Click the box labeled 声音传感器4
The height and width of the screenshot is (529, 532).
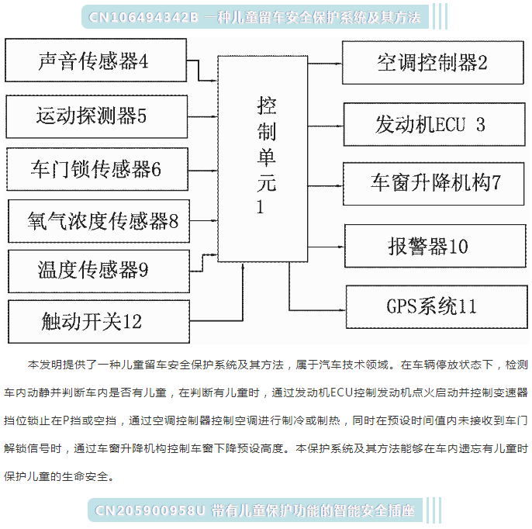(95, 60)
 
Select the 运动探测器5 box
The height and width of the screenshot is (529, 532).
(97, 116)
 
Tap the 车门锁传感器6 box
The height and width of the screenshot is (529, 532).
(98, 169)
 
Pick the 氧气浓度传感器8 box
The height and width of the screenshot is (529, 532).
(98, 221)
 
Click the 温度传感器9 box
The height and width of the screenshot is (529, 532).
(98, 271)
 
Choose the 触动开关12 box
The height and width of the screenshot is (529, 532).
(98, 321)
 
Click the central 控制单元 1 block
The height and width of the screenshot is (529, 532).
(263, 159)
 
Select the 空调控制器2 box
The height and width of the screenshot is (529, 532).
(433, 63)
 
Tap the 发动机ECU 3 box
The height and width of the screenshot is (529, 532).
(434, 125)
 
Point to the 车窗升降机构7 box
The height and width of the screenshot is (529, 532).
(434, 184)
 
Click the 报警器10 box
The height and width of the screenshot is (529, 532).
(435, 246)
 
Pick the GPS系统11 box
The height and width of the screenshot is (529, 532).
(437, 307)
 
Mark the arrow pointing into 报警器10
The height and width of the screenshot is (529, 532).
(326, 247)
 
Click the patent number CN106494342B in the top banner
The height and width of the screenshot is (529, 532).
(143, 17)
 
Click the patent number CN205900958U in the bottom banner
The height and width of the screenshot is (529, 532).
(150, 510)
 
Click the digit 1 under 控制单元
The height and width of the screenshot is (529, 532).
(261, 206)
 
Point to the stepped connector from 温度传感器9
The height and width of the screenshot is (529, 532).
(203, 263)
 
